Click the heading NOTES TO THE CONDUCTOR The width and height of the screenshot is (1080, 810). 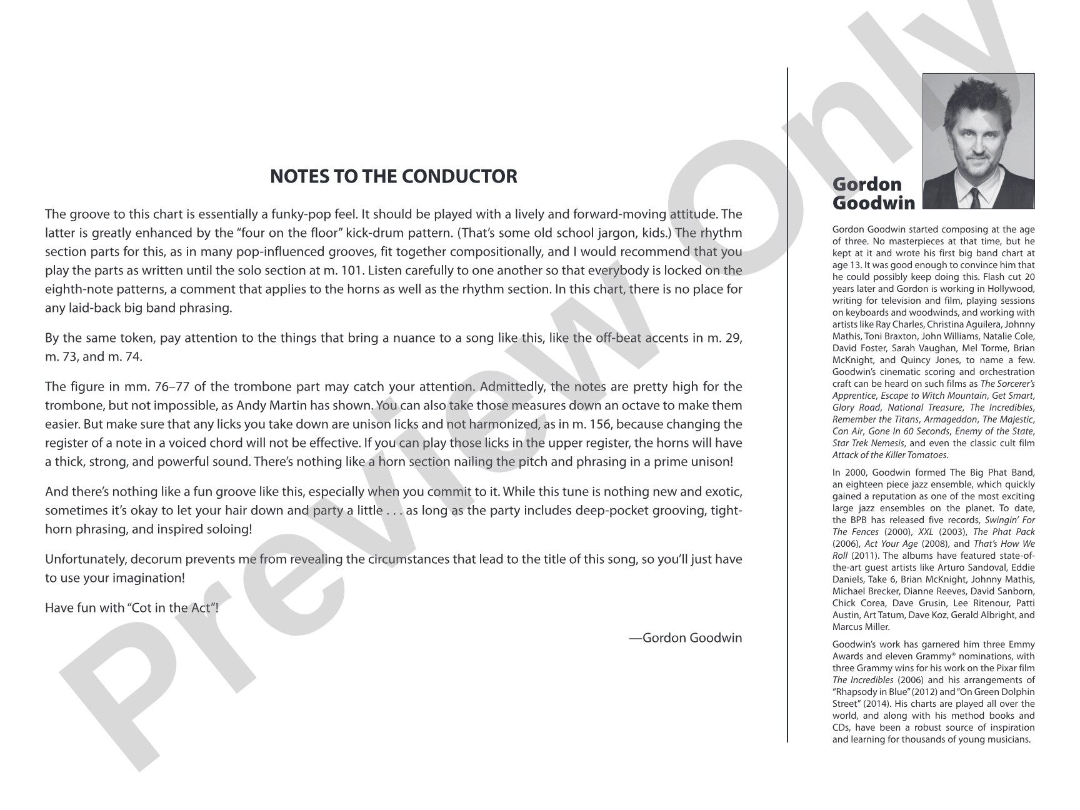pyautogui.click(x=393, y=177)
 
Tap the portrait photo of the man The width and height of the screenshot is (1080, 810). pyautogui.click(x=978, y=141)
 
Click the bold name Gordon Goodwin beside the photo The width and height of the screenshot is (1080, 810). pyautogui.click(x=873, y=194)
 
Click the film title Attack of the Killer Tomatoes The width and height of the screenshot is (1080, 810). pyautogui.click(x=889, y=455)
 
